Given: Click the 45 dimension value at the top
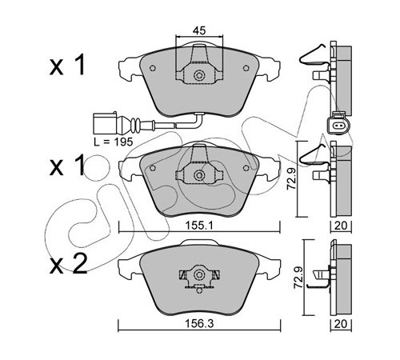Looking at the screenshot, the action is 199,30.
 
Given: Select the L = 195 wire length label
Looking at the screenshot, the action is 114,142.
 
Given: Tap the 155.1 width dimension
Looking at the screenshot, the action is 199,226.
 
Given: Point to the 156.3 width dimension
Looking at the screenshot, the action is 199,324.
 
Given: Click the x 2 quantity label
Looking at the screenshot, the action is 68,264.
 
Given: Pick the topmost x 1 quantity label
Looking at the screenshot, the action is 67,65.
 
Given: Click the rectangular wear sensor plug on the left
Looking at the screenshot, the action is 105,123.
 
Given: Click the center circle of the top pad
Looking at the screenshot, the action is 199,75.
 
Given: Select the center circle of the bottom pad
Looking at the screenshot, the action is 199,274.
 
